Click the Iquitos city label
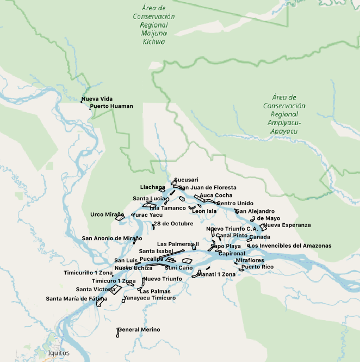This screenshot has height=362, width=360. tap(59, 353)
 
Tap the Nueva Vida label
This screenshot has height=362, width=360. tap(97, 99)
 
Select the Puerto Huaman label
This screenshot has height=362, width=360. tap(111, 106)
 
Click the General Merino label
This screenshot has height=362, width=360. tap(139, 330)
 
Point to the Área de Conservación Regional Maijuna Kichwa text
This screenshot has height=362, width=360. tap(153, 25)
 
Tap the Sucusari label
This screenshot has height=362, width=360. tap(187, 180)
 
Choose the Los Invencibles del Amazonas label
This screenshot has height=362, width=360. tap(289, 246)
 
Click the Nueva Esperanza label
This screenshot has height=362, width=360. tap(287, 225)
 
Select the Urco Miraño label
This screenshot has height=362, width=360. tap(107, 214)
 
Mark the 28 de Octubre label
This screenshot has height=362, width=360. tap(173, 224)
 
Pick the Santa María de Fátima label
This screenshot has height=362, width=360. tap(77, 299)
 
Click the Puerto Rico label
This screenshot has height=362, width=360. tap(258, 267)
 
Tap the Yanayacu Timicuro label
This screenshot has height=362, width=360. tap(150, 298)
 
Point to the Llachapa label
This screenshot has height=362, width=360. tap(152, 187)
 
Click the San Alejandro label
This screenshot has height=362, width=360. tap(255, 211)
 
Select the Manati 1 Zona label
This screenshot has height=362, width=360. tap(216, 275)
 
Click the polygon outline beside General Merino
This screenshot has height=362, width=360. tap(117, 333)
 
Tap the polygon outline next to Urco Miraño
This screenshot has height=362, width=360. tap(120, 218)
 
